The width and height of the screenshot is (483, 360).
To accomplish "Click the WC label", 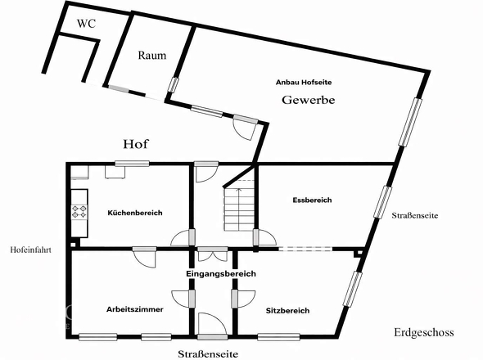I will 86,24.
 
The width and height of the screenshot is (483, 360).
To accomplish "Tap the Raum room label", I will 151,56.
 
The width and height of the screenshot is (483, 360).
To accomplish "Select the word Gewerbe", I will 309,100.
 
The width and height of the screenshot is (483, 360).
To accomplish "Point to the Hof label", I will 135,144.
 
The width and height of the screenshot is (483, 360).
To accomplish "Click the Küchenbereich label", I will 135,213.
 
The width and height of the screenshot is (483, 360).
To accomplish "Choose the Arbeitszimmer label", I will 135,310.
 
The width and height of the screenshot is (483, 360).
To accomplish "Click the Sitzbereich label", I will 287,311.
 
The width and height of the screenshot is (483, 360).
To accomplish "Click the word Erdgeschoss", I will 422,333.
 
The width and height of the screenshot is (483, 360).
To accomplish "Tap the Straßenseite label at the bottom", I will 208,353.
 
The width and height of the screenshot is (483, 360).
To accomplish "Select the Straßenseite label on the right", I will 415,216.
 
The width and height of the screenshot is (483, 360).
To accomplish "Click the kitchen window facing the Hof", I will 131,164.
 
